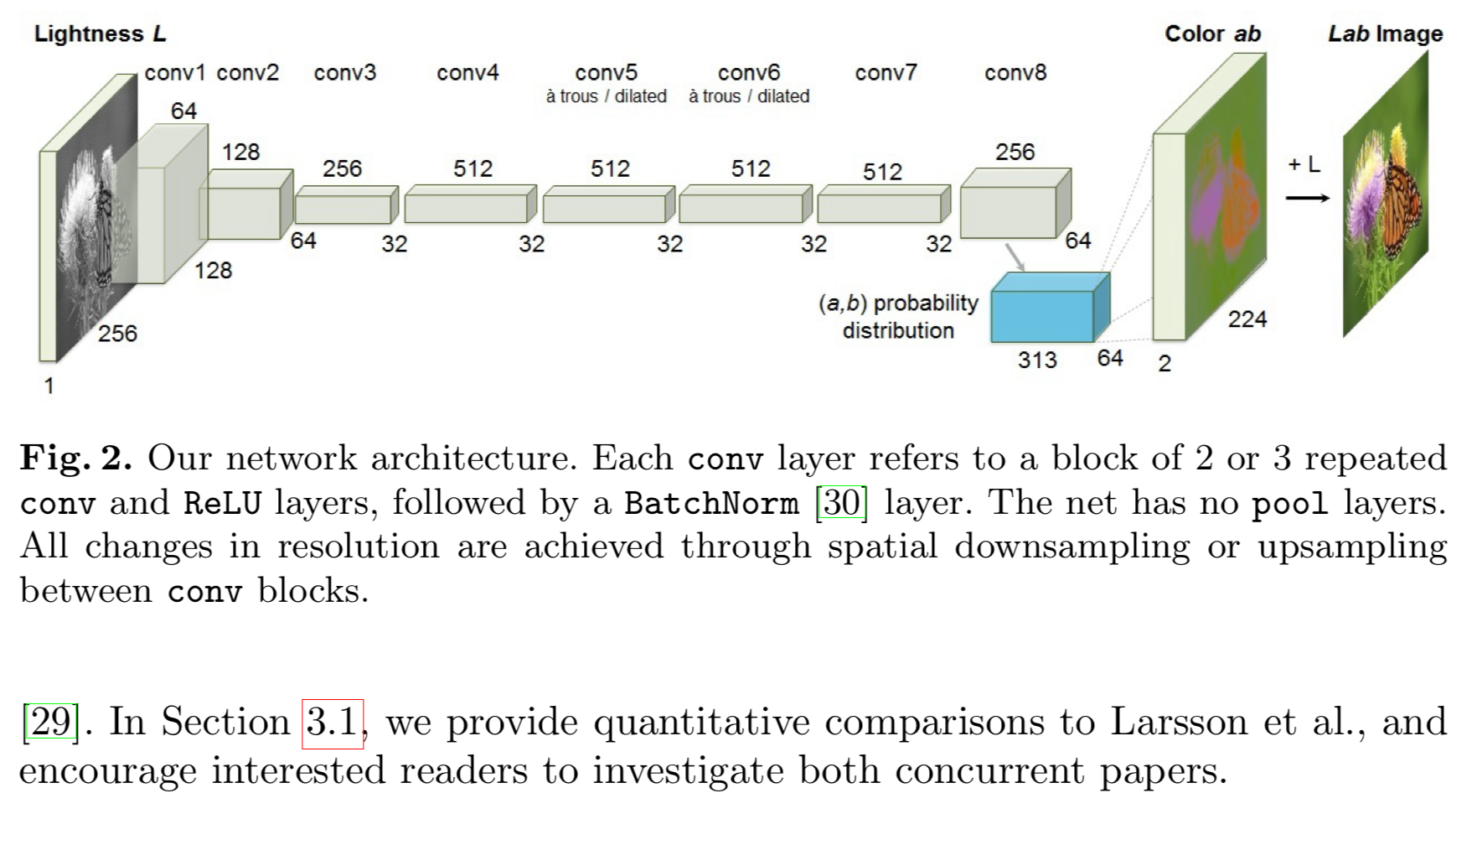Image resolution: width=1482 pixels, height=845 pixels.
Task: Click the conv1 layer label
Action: pos(174,73)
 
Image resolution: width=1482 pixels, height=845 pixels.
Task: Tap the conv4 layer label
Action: pos(467,73)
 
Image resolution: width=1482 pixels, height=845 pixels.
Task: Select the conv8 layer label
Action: pos(1015,73)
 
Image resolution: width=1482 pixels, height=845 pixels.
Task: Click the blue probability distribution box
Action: pos(1043,315)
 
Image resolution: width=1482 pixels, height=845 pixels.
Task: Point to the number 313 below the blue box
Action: pos(1037,360)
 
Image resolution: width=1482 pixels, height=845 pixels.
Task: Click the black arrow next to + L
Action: pos(1307,198)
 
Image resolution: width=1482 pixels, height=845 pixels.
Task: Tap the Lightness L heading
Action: pos(100,34)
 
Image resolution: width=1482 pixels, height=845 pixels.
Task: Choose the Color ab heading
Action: pos(1212,34)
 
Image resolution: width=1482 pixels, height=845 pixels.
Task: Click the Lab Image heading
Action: pos(1385,34)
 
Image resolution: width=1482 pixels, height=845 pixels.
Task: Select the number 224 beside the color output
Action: pos(1247,319)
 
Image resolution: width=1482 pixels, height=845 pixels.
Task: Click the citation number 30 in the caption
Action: pos(841,502)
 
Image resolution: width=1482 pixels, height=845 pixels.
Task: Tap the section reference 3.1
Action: pos(333,723)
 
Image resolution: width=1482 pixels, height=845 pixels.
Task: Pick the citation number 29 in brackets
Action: pos(51,723)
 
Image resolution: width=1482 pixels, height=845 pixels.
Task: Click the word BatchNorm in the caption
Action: pos(711,503)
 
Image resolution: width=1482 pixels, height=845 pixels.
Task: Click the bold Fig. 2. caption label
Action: pos(76,458)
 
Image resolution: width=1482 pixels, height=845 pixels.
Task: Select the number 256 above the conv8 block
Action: pos(1015,152)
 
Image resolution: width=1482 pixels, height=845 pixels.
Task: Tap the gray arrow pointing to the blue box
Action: pos(1014,257)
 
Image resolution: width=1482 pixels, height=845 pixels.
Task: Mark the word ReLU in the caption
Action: pos(222,503)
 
